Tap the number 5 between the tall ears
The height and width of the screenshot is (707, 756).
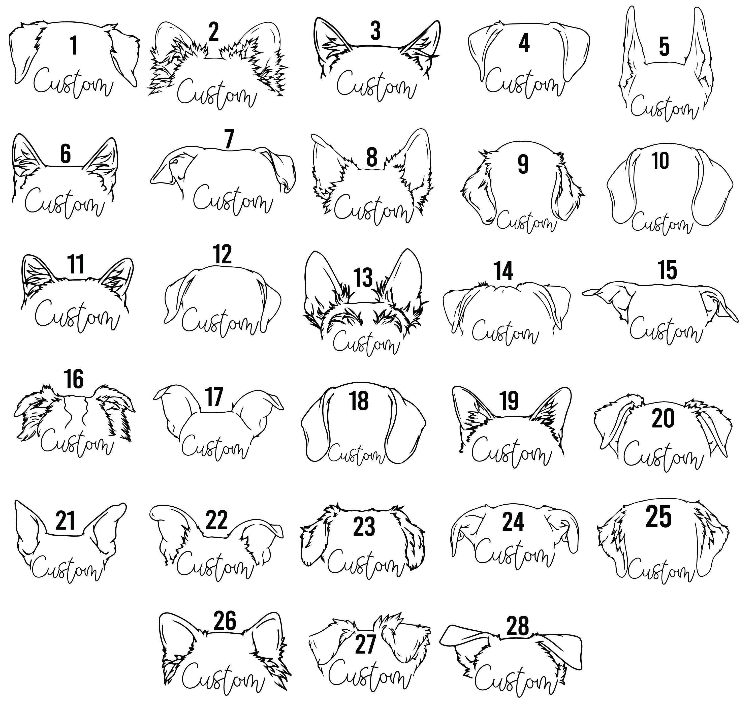(664, 47)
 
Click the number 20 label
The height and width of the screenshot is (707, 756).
(663, 418)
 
